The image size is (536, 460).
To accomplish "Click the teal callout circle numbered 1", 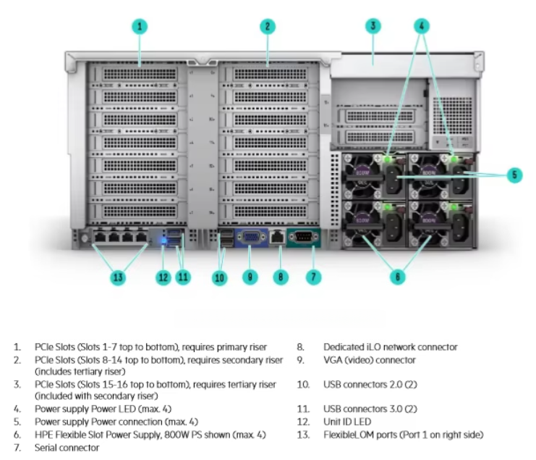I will coord(140,27).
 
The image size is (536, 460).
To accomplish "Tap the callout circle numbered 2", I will coord(268,27).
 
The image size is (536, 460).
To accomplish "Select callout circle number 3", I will coord(373,27).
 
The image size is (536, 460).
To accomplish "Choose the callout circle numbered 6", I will coord(397,276).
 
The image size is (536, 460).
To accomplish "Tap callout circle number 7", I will coord(313,276).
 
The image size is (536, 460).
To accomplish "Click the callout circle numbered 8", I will coord(281,276).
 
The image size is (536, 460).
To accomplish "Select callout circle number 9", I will coord(249,276).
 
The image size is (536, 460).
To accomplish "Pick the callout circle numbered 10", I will coord(219,276).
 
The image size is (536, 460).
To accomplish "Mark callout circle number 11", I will coord(184,276).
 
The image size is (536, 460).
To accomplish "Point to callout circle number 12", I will coord(163,276).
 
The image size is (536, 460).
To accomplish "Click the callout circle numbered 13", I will coord(118,276).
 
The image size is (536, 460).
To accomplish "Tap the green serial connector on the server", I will coord(303,237).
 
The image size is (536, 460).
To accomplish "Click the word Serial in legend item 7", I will coord(47,448).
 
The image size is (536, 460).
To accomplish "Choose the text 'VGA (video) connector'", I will coord(369,360).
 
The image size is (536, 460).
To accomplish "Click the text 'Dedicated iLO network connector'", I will coord(390,347).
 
